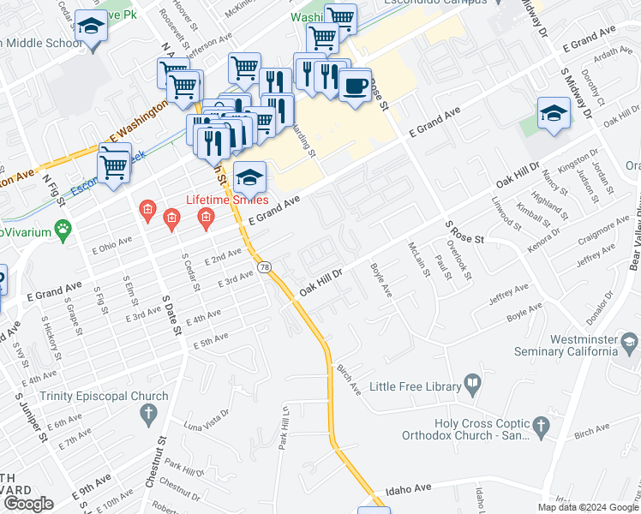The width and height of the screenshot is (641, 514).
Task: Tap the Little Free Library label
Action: click(416, 386)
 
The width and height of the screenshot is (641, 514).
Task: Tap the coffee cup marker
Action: click(354, 85)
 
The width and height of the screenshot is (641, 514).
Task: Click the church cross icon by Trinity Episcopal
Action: click(148, 415)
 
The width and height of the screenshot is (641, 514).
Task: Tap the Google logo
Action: click(29, 504)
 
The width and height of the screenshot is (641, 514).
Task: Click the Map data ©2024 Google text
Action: click(588, 507)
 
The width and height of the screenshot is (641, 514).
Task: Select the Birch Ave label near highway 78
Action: click(349, 375)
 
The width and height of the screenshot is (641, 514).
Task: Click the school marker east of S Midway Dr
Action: click(554, 115)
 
